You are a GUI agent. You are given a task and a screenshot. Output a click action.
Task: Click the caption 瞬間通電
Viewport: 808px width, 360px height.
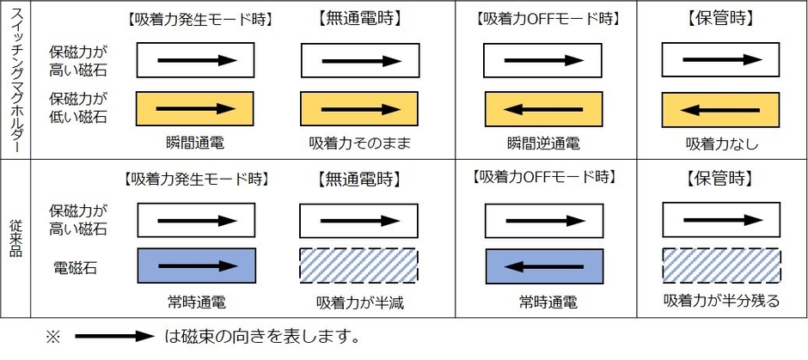point(196,143)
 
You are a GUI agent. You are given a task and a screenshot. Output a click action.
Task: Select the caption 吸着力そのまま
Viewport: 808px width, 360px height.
point(358,143)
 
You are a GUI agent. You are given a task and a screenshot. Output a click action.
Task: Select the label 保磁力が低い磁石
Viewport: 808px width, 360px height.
point(78,107)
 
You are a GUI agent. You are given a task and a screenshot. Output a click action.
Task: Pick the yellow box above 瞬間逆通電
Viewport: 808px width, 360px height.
point(543,109)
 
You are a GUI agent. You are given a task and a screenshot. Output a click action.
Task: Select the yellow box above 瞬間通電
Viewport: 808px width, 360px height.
point(196,109)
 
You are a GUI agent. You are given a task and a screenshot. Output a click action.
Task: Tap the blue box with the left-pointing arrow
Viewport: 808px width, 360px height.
point(543,266)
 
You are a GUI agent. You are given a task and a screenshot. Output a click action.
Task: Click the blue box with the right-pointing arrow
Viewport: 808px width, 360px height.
point(196,266)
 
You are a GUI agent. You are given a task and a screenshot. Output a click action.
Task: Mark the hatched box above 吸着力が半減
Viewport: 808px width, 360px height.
point(358,266)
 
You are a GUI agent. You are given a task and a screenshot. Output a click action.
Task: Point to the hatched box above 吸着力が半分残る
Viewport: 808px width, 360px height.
point(721,266)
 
